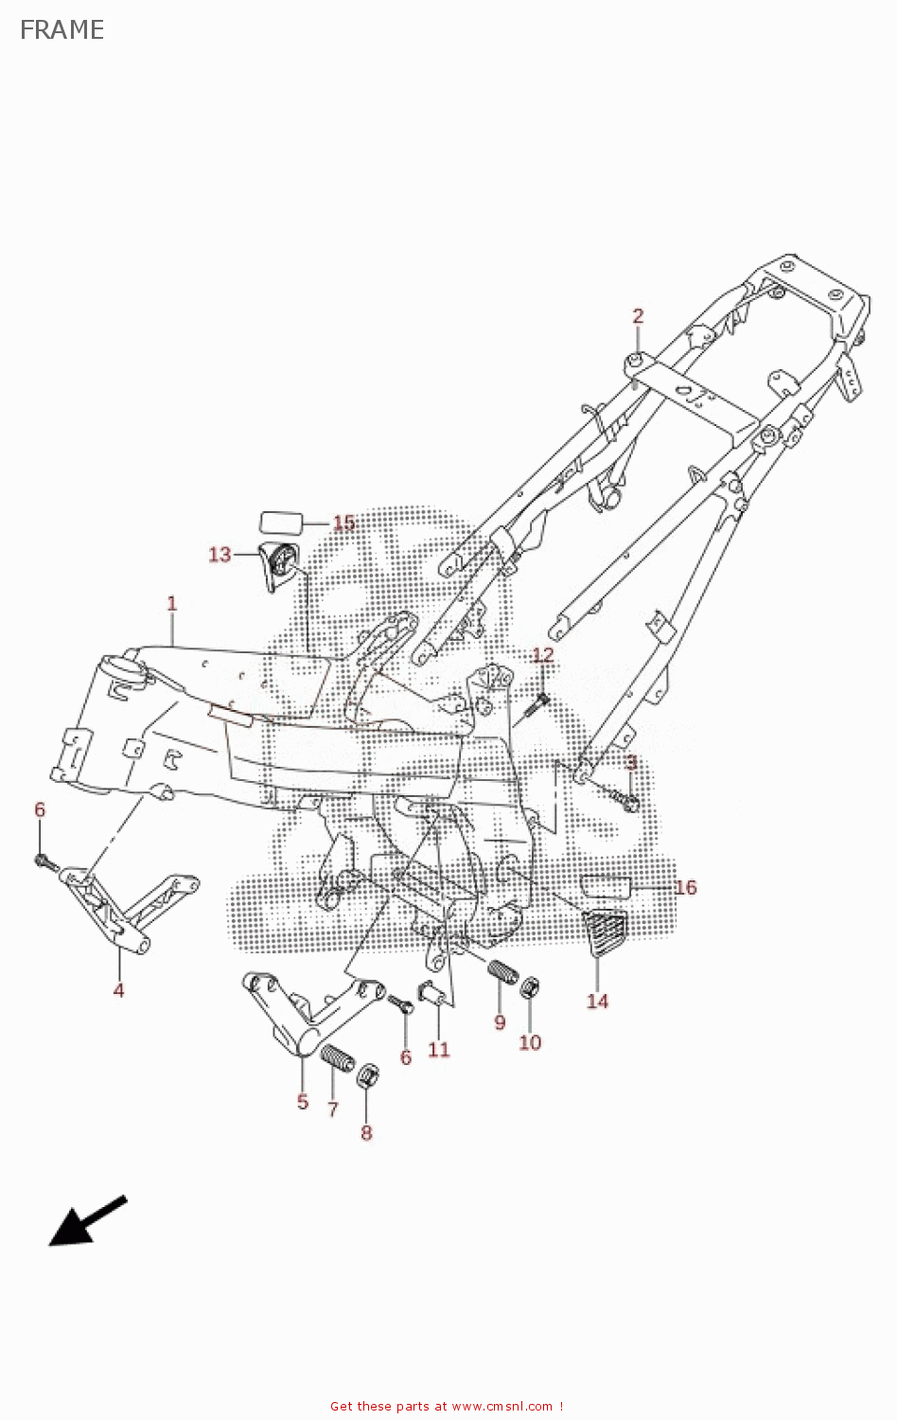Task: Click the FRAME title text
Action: pos(62,30)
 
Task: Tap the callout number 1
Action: pos(171,603)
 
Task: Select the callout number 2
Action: pos(638,316)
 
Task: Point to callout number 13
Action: pos(220,555)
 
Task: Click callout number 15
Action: pos(343,524)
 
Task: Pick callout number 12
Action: pos(543,655)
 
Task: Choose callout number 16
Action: pos(685,888)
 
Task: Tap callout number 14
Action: pos(597,1002)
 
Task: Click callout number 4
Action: pos(118,990)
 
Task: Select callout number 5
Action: pos(303,1102)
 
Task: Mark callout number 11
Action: pos(438,1050)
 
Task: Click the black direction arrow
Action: pos(86,1221)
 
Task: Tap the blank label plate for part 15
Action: pos(280,523)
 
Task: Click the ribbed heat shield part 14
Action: pos(606,932)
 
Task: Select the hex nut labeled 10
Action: pos(531,987)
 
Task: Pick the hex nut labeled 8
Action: pos(368,1076)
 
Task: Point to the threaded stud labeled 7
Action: pos(337,1057)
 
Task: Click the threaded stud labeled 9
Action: pos(503,972)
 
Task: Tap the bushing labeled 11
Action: pos(432,995)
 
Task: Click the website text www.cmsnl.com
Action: pos(501,1407)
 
